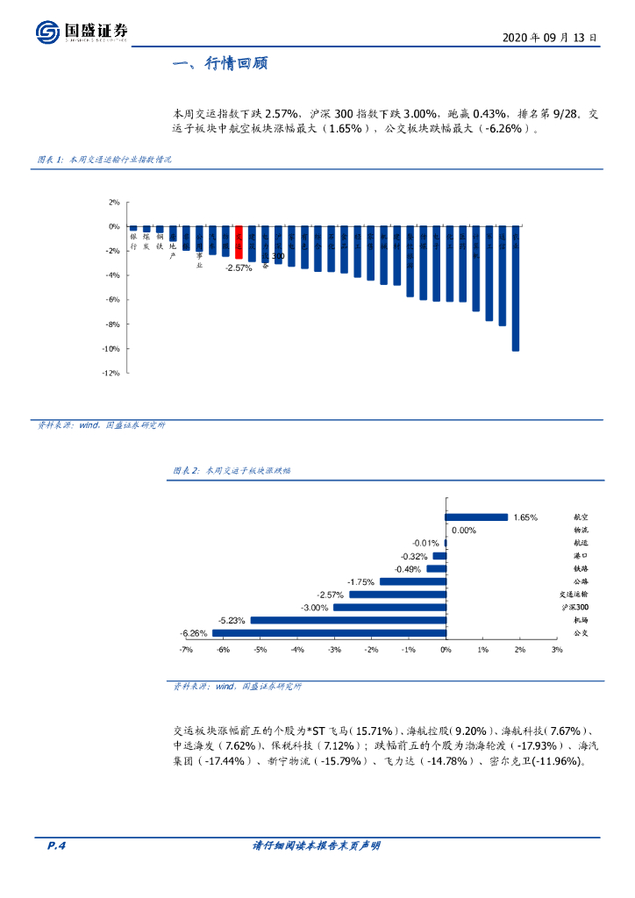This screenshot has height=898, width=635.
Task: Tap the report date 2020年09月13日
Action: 551,39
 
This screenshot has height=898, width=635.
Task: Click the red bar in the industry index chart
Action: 239,242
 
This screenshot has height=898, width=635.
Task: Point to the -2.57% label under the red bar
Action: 239,267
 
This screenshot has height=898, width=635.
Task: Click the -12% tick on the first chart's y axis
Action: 111,374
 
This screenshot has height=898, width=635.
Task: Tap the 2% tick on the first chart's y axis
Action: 114,203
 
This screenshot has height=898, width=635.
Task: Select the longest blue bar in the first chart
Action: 516,289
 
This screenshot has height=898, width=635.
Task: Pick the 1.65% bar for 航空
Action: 476,517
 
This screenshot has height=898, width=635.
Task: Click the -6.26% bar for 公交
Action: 329,632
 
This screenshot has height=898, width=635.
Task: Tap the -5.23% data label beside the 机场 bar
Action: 232,620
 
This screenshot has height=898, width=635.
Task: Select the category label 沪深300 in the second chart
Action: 574,607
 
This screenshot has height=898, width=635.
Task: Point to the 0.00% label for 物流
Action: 464,531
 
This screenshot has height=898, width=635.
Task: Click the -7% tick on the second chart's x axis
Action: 186,650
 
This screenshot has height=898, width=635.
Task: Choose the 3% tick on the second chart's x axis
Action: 557,650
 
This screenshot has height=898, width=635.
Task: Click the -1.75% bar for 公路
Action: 412,581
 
